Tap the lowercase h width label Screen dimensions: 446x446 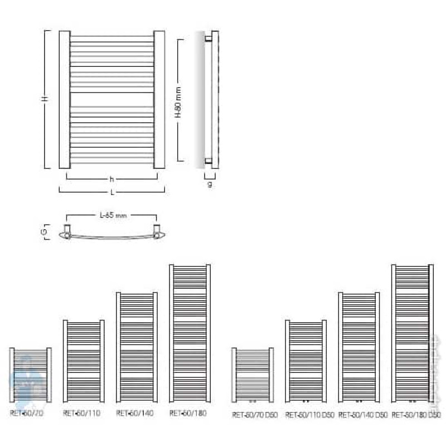pos(111,180)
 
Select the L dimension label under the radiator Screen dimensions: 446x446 pos(112,192)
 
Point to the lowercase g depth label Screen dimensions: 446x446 pos(210,184)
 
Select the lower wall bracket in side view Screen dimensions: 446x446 pos(208,161)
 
